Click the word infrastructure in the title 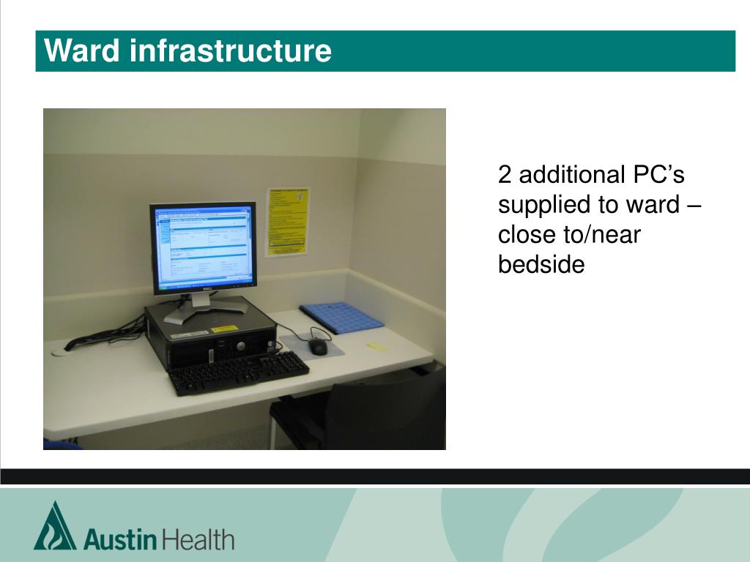pos(231,51)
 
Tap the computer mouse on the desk pos(318,346)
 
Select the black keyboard pos(239,371)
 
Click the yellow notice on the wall pos(287,221)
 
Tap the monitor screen pos(204,247)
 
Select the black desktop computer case pos(211,337)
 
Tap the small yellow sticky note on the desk pos(376,346)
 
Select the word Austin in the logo pos(120,540)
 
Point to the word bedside pos(541,265)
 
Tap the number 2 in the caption pos(505,176)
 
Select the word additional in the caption pos(570,176)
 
